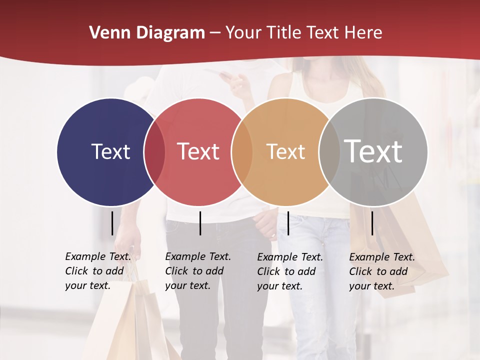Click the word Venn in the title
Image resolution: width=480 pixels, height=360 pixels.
[107, 33]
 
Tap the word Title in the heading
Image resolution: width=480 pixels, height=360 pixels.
[284, 33]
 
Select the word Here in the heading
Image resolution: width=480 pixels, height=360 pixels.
[363, 33]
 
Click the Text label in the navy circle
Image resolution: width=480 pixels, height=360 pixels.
[110, 151]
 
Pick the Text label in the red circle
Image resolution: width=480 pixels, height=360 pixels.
[198, 151]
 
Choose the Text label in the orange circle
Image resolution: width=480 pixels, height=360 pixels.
[285, 151]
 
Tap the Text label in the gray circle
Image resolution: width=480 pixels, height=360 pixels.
[373, 151]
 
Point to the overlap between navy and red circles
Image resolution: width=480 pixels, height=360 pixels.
[154, 152]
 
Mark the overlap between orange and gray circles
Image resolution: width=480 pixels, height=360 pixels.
[329, 152]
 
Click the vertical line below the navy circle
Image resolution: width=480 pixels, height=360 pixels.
[112, 223]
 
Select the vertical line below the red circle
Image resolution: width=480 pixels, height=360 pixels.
[200, 223]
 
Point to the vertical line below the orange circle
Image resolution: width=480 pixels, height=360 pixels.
[288, 223]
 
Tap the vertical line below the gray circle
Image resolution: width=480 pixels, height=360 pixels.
[372, 223]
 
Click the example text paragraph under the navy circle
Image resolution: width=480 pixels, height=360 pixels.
[98, 271]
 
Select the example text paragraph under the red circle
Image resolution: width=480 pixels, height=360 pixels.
[198, 271]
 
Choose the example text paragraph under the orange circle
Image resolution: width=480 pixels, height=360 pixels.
[290, 271]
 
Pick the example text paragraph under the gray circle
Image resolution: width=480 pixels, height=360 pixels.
[382, 271]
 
